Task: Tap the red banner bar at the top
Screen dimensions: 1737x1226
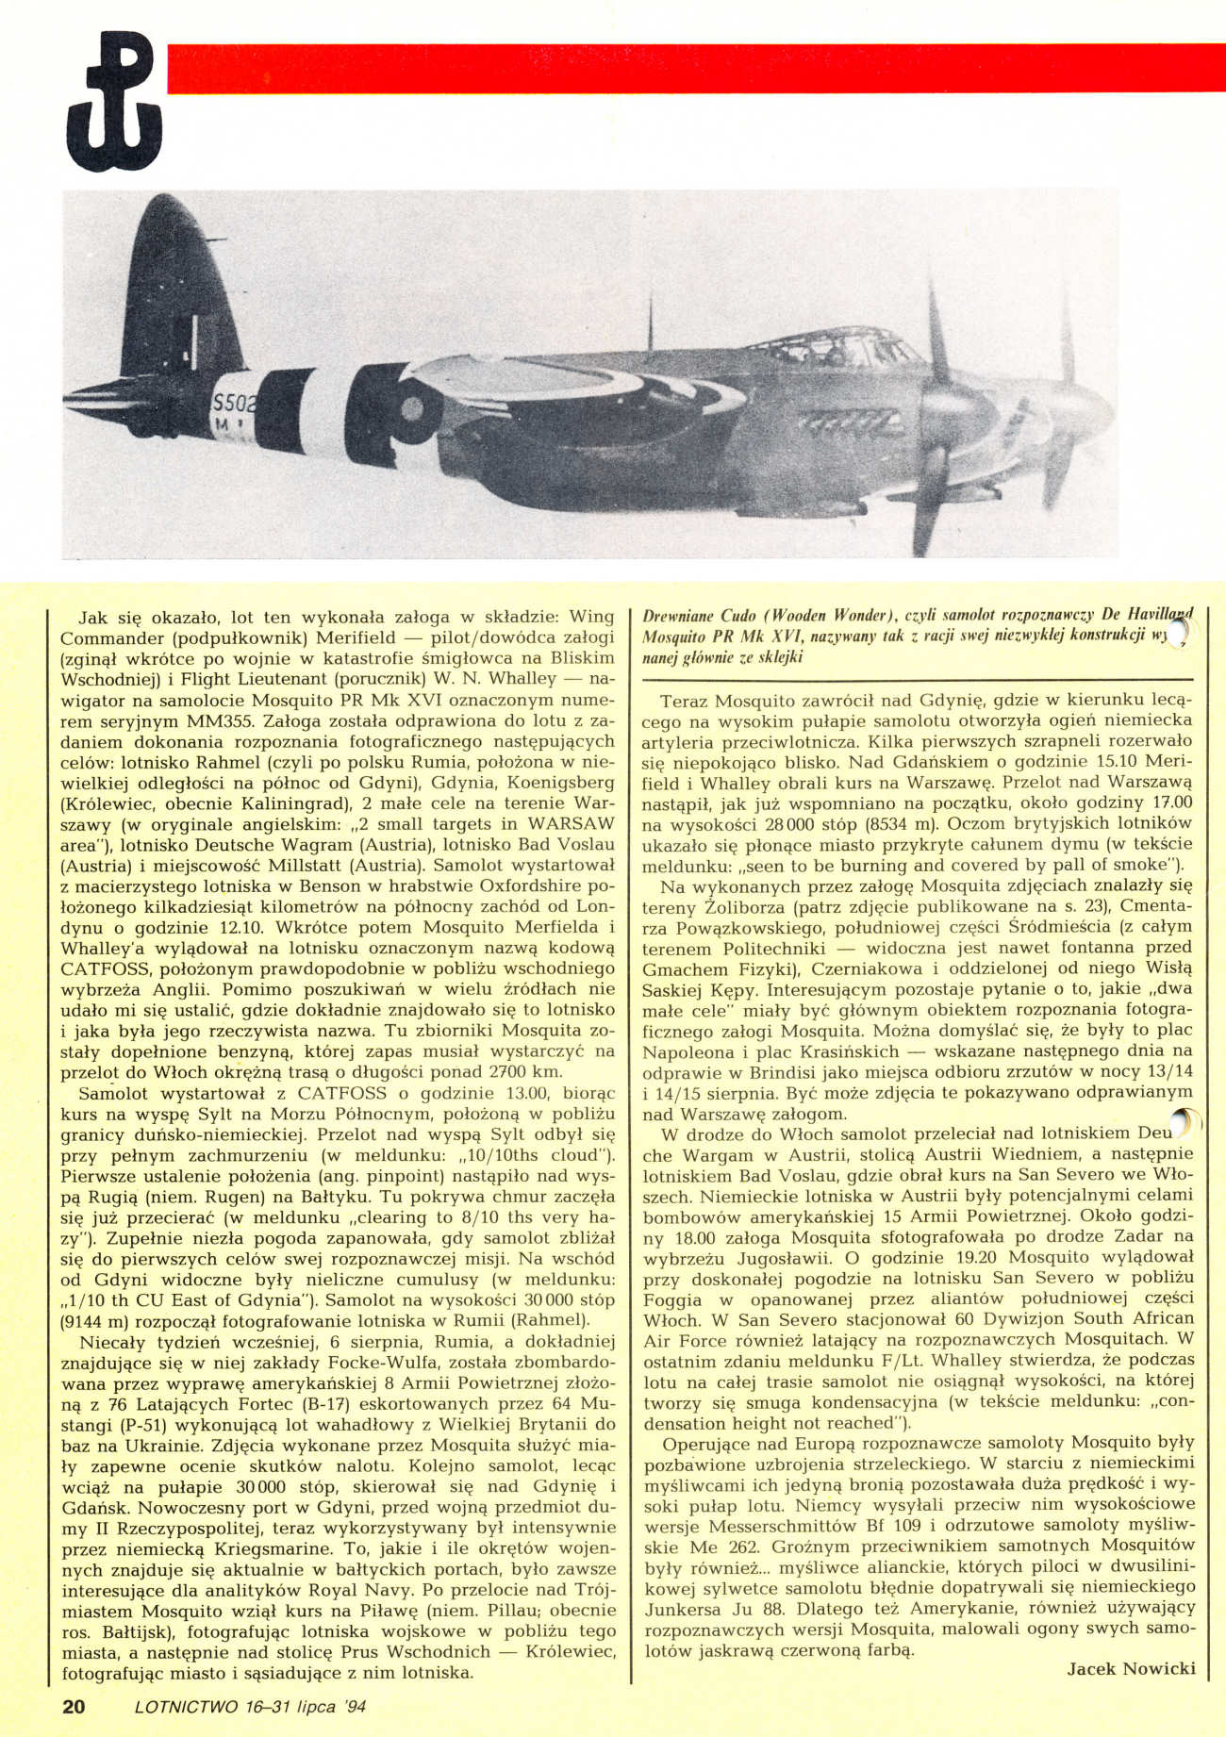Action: (696, 68)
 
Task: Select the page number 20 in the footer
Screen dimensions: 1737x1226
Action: (74, 1706)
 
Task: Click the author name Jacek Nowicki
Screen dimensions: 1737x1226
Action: (1131, 1668)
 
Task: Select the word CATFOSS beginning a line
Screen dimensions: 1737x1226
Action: (101, 968)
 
